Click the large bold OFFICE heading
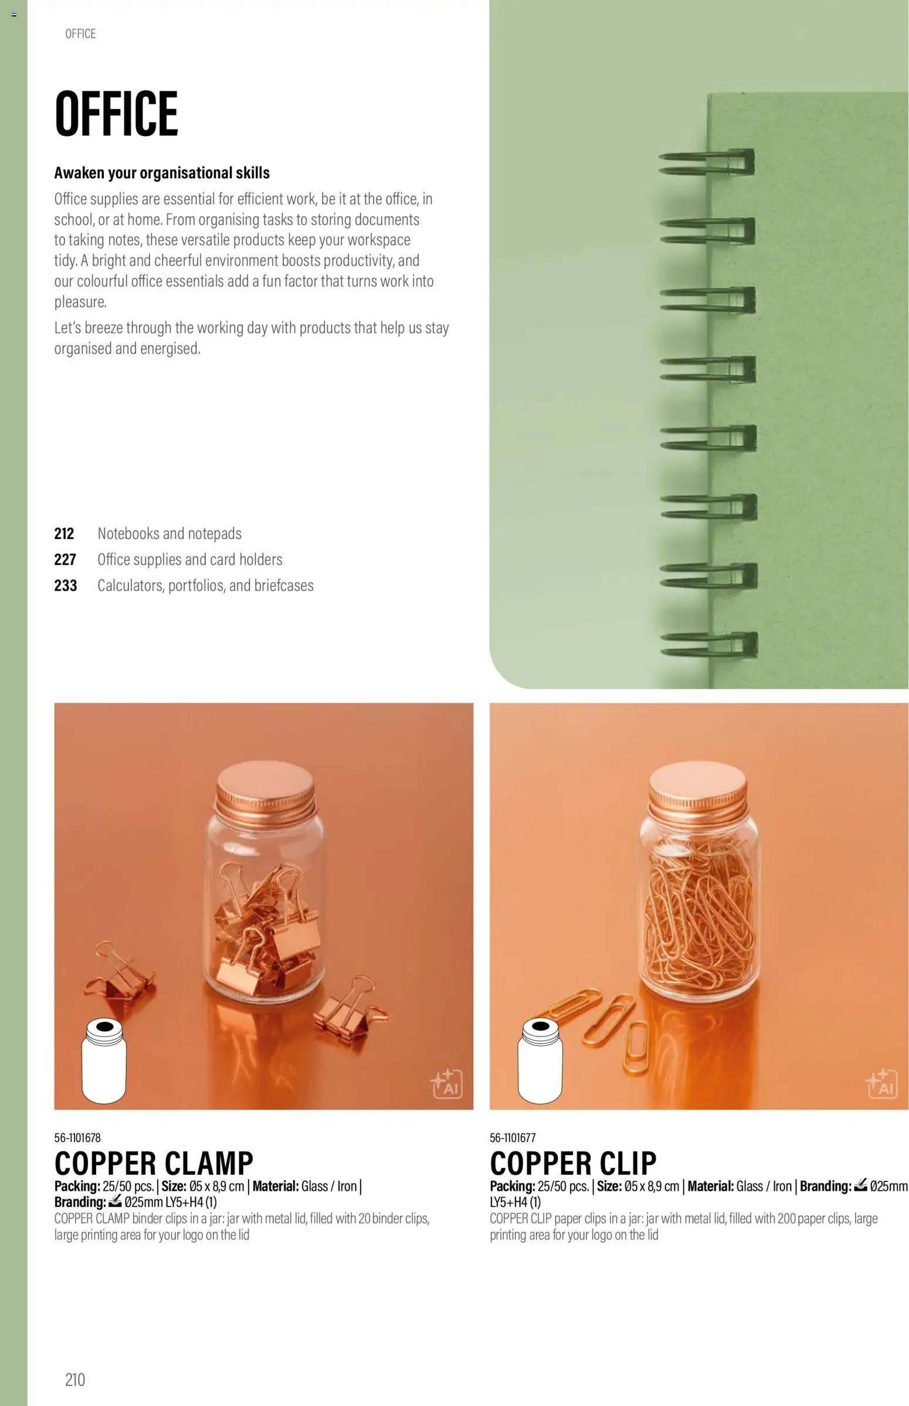(116, 113)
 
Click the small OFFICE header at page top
(80, 33)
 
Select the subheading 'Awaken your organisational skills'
(162, 173)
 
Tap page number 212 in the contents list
(65, 534)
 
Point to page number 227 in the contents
(65, 560)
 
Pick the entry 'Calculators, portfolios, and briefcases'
(205, 585)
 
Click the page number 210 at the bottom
(75, 1380)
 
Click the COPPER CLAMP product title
(154, 1163)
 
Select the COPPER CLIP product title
(573, 1163)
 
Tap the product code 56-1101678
(77, 1137)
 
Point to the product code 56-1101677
(513, 1137)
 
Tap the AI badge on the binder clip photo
(446, 1084)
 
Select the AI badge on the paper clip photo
(882, 1084)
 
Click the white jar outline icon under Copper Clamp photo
(104, 1061)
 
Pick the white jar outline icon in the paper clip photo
(540, 1061)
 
